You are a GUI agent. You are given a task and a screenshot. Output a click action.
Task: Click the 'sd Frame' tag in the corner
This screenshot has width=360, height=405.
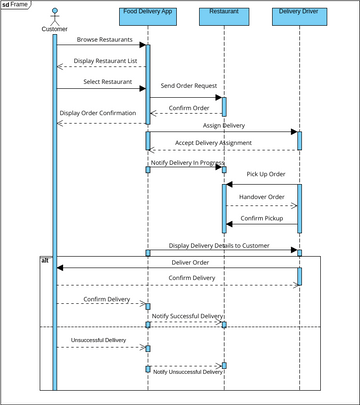(x=15, y=4)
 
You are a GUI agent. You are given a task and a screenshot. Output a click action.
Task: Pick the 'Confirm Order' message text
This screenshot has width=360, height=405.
(x=189, y=107)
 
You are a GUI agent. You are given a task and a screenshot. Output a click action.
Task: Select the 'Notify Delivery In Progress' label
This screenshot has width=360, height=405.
(x=187, y=161)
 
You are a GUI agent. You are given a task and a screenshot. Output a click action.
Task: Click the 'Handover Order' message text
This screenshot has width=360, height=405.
(x=262, y=197)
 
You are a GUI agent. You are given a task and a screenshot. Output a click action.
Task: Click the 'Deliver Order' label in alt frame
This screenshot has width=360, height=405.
(x=176, y=262)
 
